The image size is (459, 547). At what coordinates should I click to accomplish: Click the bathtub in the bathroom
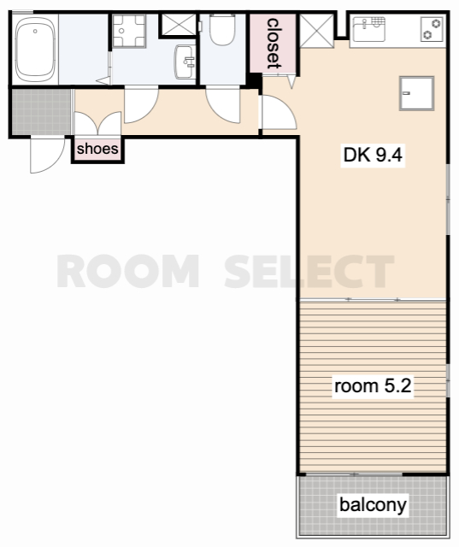[x=35, y=49]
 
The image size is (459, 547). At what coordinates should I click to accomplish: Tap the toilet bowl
[x=222, y=30]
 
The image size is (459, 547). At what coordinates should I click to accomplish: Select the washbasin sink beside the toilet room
[x=185, y=62]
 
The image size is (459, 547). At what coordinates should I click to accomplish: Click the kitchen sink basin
[x=369, y=28]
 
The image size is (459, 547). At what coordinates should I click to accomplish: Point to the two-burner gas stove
[x=433, y=29]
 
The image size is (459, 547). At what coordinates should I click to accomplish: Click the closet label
[x=274, y=44]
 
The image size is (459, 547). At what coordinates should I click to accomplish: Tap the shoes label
[x=97, y=149]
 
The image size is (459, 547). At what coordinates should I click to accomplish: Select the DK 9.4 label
[x=373, y=155]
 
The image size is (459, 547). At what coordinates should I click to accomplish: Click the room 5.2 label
[x=373, y=385]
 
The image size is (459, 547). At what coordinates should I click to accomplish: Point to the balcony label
[x=373, y=504]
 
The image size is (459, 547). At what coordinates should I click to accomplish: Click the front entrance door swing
[x=47, y=156]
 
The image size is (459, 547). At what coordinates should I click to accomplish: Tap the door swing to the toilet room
[x=223, y=106]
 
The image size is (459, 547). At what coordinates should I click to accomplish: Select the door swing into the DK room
[x=279, y=112]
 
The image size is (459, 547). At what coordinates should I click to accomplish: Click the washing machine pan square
[x=129, y=31]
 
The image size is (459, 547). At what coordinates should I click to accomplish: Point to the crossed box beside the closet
[x=317, y=31]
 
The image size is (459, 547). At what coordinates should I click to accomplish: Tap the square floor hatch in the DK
[x=416, y=93]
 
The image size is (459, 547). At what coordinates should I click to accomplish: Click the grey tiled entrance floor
[x=42, y=112]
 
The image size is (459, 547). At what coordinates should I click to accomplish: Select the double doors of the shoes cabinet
[x=98, y=123]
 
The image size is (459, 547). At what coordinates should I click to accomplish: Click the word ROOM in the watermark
[x=127, y=271]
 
